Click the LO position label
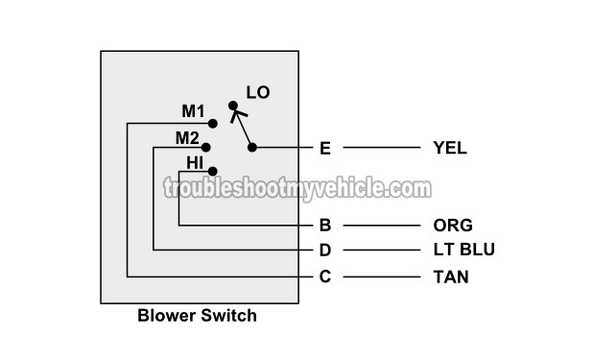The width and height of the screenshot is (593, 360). (258, 93)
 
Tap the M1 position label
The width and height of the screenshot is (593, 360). (194, 112)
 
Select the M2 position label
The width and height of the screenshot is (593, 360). (187, 137)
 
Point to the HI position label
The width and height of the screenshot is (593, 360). (196, 161)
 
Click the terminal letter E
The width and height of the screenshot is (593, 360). (324, 148)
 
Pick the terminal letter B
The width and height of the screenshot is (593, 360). (324, 227)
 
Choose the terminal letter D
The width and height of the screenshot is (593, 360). (324, 251)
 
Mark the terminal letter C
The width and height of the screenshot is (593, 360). (324, 277)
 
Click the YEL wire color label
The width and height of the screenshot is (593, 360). (450, 148)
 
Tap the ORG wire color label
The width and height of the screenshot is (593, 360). (453, 227)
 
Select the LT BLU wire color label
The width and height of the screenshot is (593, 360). (464, 251)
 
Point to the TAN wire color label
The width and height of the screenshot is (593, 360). (451, 277)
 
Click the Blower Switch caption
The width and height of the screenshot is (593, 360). (198, 315)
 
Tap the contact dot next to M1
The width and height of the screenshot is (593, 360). (213, 123)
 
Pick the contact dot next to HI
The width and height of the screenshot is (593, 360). (213, 170)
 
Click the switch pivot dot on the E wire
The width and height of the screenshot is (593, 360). (252, 148)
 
